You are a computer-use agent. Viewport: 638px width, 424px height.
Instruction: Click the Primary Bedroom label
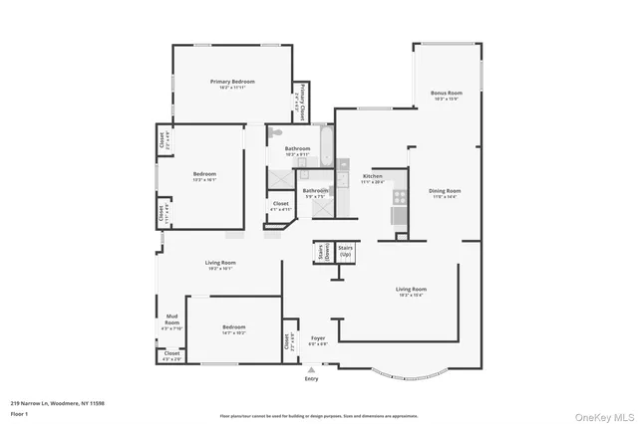pos(232,84)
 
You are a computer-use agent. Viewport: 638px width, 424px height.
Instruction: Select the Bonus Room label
pos(446,96)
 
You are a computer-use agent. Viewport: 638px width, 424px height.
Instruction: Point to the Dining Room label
pos(445,193)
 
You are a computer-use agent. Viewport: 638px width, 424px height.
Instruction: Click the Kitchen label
pos(372,179)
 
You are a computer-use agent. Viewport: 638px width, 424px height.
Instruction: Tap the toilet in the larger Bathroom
pos(276,132)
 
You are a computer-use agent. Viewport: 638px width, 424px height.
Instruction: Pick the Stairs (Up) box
pos(346,254)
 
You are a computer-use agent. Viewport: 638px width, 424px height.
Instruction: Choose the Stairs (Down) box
pos(324,254)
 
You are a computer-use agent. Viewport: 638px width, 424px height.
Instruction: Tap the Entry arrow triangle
pos(312,369)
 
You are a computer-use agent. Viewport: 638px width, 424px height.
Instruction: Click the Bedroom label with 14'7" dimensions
pos(233,329)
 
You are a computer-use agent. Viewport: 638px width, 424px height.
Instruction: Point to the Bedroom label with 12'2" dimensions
pos(204,177)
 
